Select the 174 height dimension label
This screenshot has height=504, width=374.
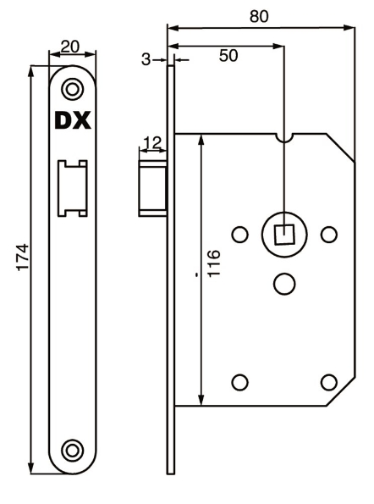pyautogui.click(x=23, y=258)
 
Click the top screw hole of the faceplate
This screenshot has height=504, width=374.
pyautogui.click(x=74, y=86)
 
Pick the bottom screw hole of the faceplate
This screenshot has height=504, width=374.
pyautogui.click(x=74, y=448)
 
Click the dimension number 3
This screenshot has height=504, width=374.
pyautogui.click(x=146, y=59)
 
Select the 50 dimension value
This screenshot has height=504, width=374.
pyautogui.click(x=228, y=56)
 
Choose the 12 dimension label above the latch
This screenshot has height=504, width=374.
pyautogui.click(x=152, y=142)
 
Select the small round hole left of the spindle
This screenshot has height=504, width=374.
pyautogui.click(x=239, y=234)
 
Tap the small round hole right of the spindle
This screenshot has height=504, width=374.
pyautogui.click(x=329, y=234)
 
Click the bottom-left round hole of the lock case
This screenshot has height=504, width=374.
pyautogui.click(x=239, y=381)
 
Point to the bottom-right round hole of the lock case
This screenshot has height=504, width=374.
pyautogui.click(x=329, y=381)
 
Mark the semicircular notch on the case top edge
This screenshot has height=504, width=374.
pyautogui.click(x=285, y=136)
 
